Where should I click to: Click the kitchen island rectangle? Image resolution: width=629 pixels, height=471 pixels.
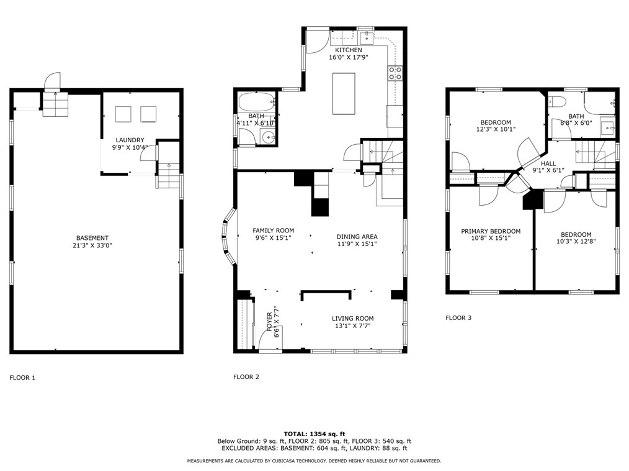(x=344, y=94)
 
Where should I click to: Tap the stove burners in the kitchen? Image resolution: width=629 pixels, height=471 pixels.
(x=395, y=73)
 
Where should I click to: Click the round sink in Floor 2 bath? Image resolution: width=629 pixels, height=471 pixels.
(x=267, y=137)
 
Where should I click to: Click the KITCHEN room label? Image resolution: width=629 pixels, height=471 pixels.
(x=349, y=50)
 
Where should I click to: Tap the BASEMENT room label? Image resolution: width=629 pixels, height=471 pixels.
(x=92, y=238)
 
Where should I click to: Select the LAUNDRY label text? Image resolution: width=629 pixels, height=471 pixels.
(x=130, y=140)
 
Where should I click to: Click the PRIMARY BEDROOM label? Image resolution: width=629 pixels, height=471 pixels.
(x=491, y=231)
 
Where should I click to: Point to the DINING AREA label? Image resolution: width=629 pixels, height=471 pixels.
(x=357, y=237)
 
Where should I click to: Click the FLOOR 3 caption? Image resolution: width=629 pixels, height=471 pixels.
(x=458, y=318)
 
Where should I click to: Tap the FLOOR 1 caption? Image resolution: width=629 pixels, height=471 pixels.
(x=22, y=378)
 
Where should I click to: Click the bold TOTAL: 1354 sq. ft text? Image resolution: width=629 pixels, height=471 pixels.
(x=314, y=434)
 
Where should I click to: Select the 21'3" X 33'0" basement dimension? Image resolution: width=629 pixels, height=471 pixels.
(x=92, y=245)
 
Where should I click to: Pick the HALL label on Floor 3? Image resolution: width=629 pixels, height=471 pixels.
(x=548, y=163)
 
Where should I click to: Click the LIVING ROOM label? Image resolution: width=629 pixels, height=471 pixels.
(x=352, y=319)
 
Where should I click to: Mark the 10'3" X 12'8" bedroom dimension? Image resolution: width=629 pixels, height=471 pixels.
(x=576, y=242)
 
